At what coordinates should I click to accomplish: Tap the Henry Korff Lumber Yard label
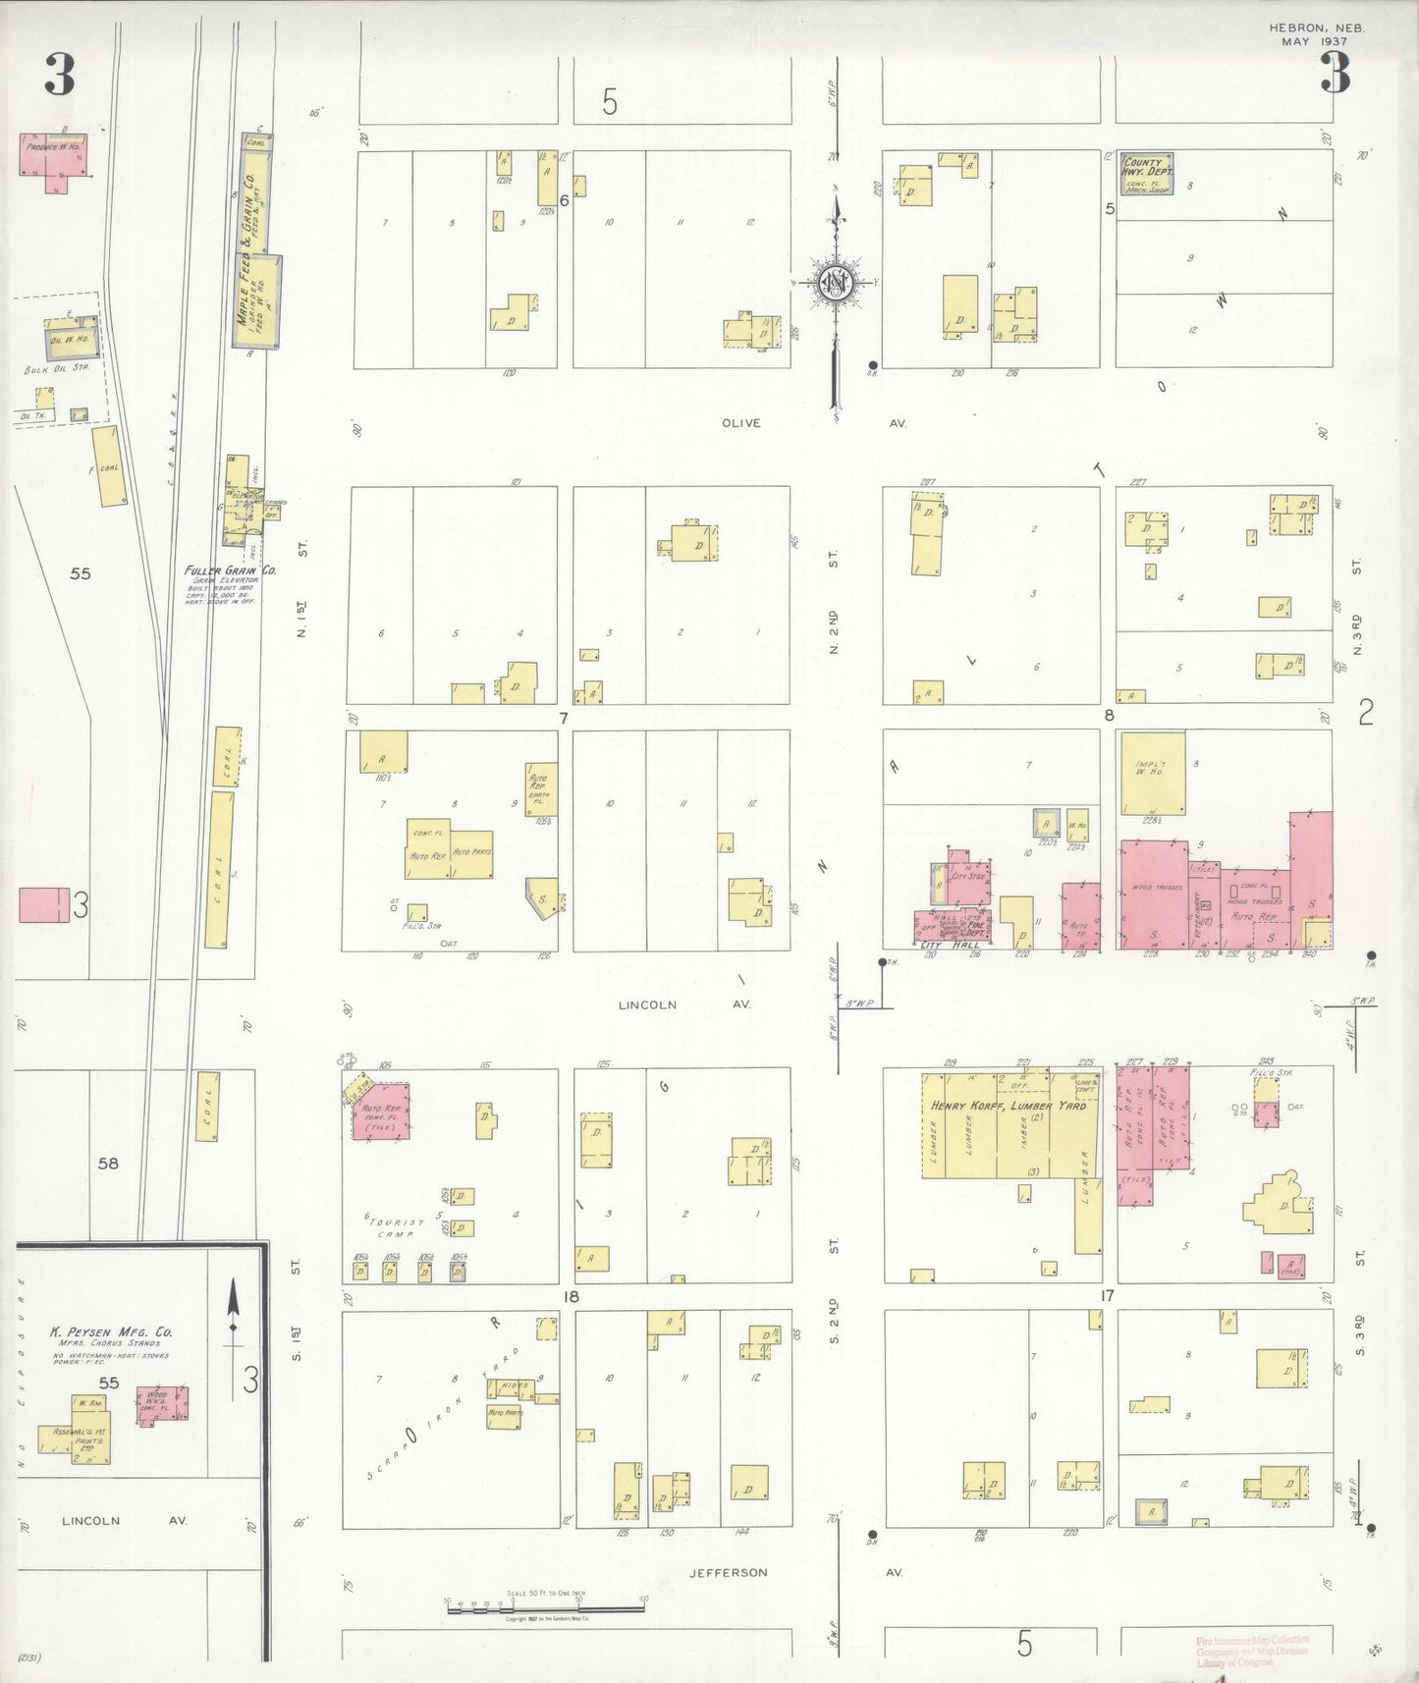pos(1009,1106)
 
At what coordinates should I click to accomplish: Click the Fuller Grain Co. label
pos(230,570)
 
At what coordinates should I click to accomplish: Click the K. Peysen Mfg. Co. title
pos(111,1332)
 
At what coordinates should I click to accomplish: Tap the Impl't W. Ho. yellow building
pos(1152,773)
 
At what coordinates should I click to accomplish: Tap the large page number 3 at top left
pos(60,75)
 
